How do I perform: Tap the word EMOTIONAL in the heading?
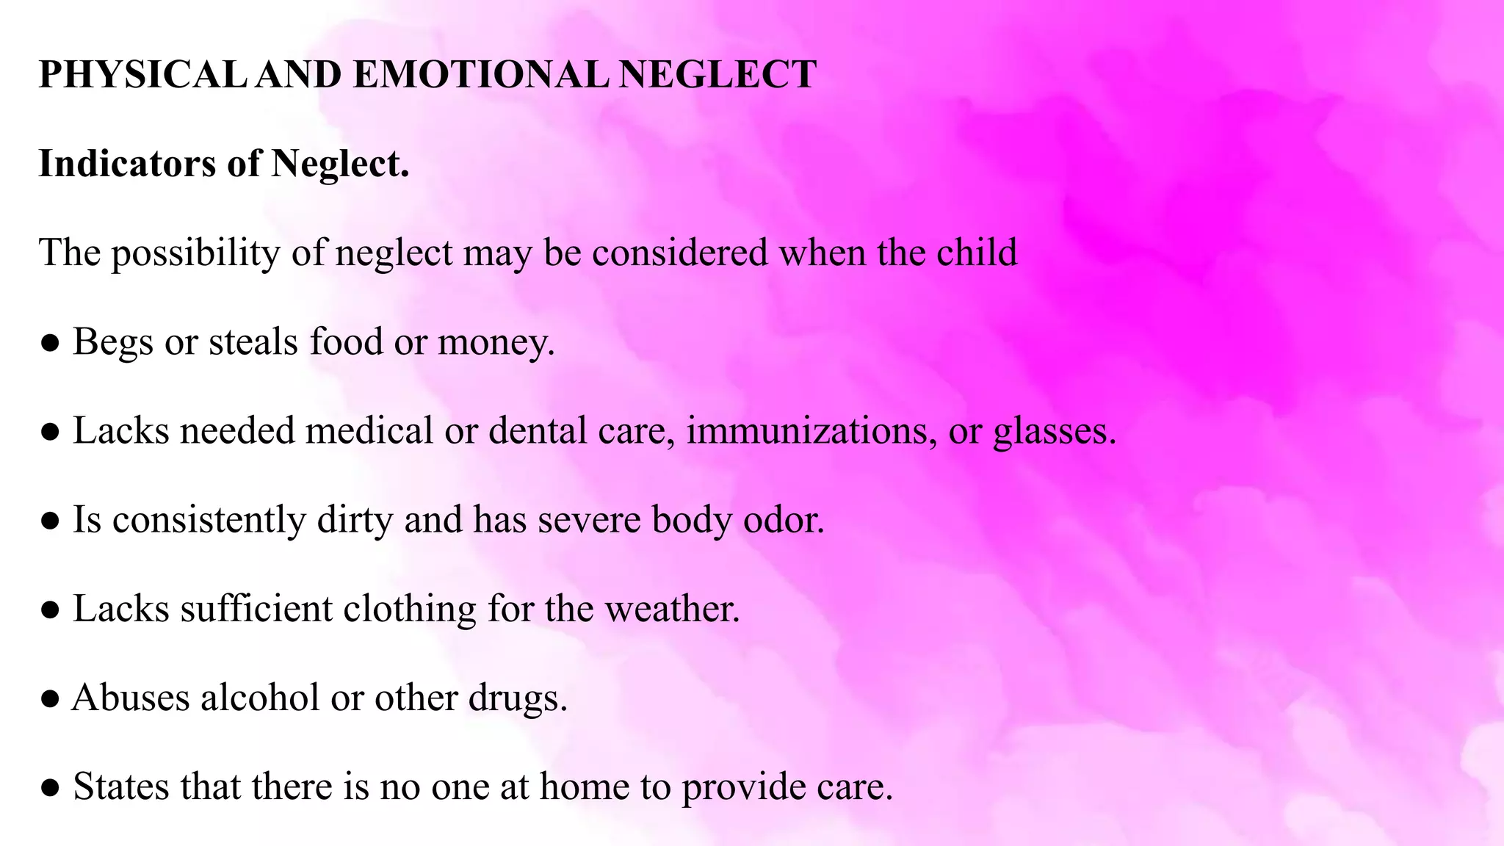[480, 75]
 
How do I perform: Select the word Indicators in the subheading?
[127, 163]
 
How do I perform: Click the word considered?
[680, 253]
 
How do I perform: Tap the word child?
[977, 253]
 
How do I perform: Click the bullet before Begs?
[50, 343]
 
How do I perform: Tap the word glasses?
[1055, 432]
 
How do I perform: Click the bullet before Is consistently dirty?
[50, 521]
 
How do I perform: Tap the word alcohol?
[260, 698]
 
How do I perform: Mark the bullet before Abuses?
[50, 699]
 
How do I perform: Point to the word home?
[585, 787]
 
